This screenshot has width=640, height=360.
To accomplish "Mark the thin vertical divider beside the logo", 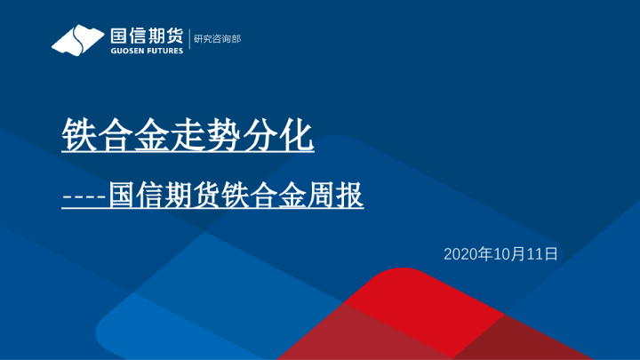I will coord(190,39).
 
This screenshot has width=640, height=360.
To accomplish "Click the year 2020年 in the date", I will coord(468,254).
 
